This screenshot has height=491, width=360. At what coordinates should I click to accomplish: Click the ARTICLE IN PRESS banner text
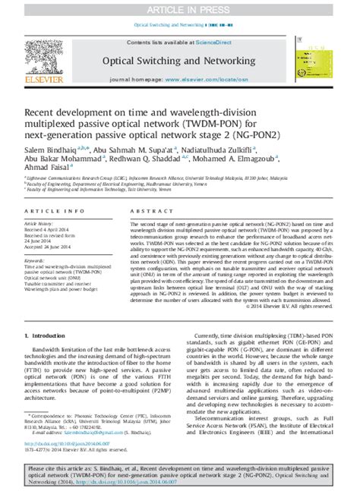(179, 8)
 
